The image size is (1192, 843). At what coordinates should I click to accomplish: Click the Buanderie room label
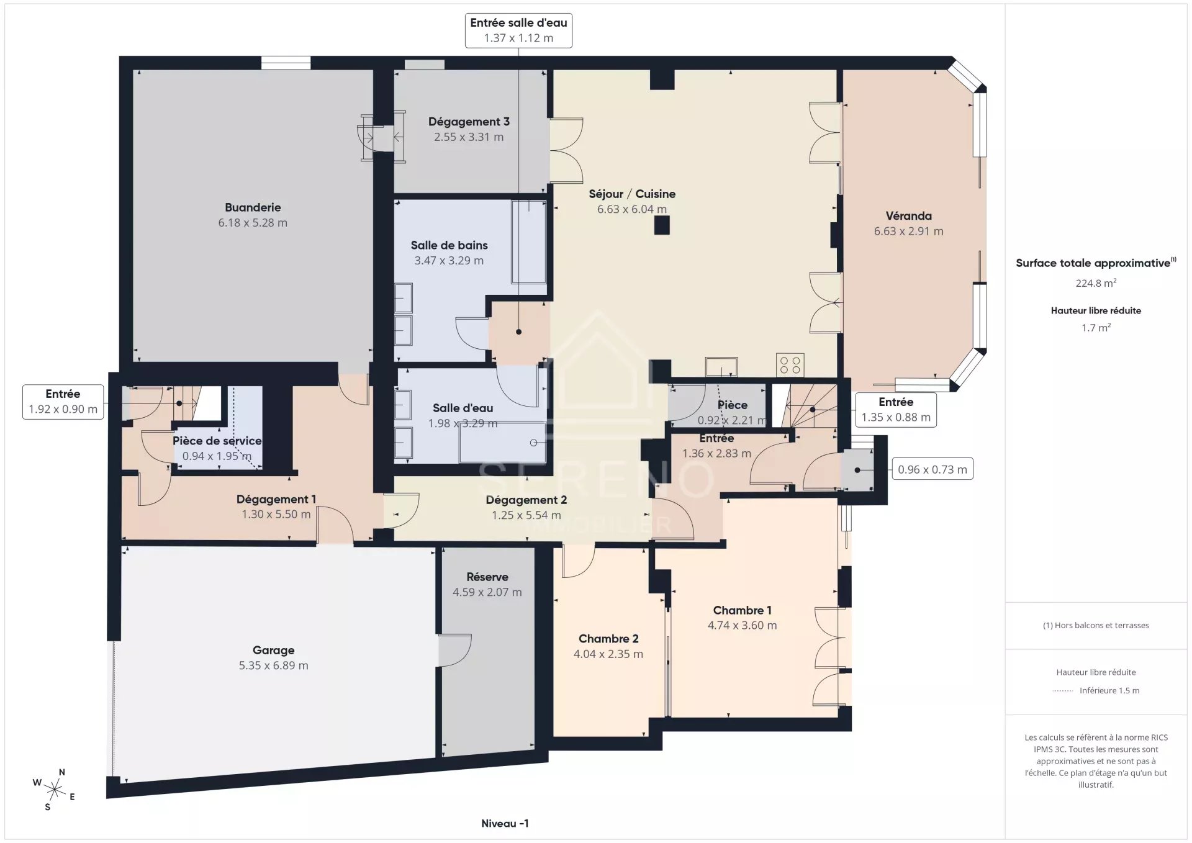(x=253, y=207)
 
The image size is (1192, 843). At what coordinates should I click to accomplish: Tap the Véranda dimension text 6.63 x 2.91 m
(x=908, y=231)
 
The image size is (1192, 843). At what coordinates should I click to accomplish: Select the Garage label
(x=273, y=651)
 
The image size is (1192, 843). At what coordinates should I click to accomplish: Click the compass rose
(x=55, y=790)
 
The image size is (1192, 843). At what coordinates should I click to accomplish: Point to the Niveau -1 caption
(x=505, y=823)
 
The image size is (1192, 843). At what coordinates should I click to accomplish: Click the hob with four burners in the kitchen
(x=790, y=365)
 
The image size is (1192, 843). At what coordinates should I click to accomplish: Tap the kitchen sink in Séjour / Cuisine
(x=721, y=367)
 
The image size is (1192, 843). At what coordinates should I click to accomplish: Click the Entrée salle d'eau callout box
(x=518, y=30)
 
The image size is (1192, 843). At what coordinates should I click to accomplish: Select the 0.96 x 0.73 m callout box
(x=932, y=469)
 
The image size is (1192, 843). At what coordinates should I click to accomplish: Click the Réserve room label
(x=487, y=577)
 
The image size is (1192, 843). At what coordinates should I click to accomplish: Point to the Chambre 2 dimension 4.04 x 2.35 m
(x=608, y=654)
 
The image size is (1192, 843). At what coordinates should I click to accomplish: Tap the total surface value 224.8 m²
(x=1096, y=283)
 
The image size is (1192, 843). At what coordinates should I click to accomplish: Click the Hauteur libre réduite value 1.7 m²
(x=1096, y=327)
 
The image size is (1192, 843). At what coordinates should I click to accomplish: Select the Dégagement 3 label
(x=469, y=122)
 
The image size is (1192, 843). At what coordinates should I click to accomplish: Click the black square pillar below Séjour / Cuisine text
(x=662, y=225)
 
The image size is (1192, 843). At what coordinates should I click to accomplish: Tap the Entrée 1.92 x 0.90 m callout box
(x=63, y=402)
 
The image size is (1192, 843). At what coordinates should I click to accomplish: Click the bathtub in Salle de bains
(x=528, y=242)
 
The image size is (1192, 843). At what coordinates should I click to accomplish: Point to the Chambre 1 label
(x=742, y=610)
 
